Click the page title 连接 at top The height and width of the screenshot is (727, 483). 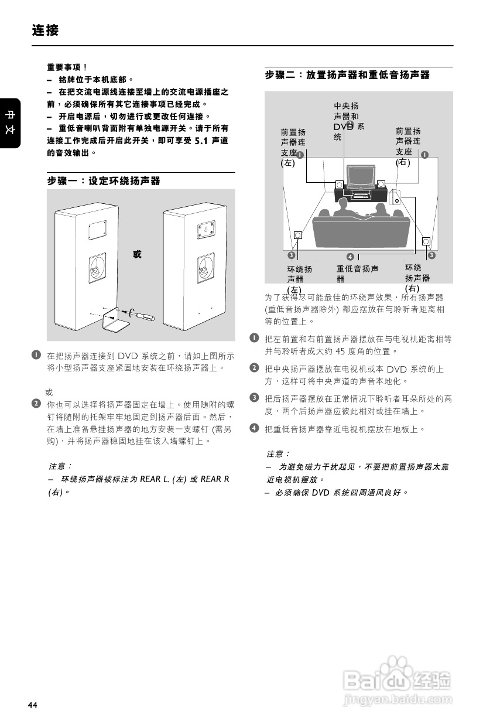pyautogui.click(x=45, y=30)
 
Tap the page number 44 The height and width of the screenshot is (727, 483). pyautogui.click(x=32, y=705)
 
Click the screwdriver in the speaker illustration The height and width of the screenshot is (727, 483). pyautogui.click(x=141, y=314)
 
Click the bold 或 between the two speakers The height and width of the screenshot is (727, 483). pyautogui.click(x=137, y=254)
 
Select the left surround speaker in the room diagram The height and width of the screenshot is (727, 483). pyautogui.click(x=298, y=235)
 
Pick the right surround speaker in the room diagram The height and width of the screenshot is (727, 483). pyautogui.click(x=426, y=241)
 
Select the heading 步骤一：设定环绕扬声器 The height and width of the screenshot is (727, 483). pyautogui.click(x=104, y=182)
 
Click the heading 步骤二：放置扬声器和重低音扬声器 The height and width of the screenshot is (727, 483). pyautogui.click(x=347, y=75)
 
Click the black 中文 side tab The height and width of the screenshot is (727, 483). pyautogui.click(x=11, y=122)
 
